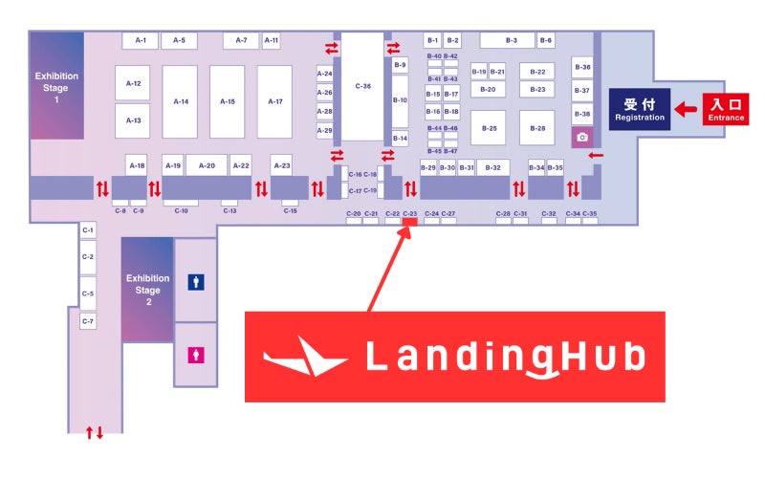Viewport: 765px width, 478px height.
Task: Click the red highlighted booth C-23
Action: [x=409, y=222]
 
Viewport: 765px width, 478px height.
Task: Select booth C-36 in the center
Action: [x=362, y=86]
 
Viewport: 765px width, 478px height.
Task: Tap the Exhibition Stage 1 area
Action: [x=56, y=86]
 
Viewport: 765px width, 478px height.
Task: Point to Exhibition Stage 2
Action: [x=147, y=290]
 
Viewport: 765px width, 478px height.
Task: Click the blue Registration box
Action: [x=640, y=110]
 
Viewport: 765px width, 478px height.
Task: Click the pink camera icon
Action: [x=581, y=137]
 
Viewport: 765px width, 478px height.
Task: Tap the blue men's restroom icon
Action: [x=196, y=283]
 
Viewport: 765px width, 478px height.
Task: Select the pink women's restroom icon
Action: [x=196, y=353]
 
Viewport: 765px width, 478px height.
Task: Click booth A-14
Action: [x=180, y=101]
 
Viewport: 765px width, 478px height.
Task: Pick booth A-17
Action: [x=274, y=101]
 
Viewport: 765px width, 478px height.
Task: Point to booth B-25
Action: [x=488, y=127]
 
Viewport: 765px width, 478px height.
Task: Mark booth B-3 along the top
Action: [x=507, y=40]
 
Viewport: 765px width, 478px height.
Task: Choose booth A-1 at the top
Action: [x=140, y=40]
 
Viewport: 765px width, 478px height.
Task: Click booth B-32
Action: [x=492, y=167]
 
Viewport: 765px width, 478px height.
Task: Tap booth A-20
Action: [x=207, y=165]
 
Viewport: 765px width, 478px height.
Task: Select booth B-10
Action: [x=400, y=100]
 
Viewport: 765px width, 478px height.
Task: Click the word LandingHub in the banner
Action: [x=506, y=358]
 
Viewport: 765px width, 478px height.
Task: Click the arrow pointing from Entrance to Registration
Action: [x=685, y=109]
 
